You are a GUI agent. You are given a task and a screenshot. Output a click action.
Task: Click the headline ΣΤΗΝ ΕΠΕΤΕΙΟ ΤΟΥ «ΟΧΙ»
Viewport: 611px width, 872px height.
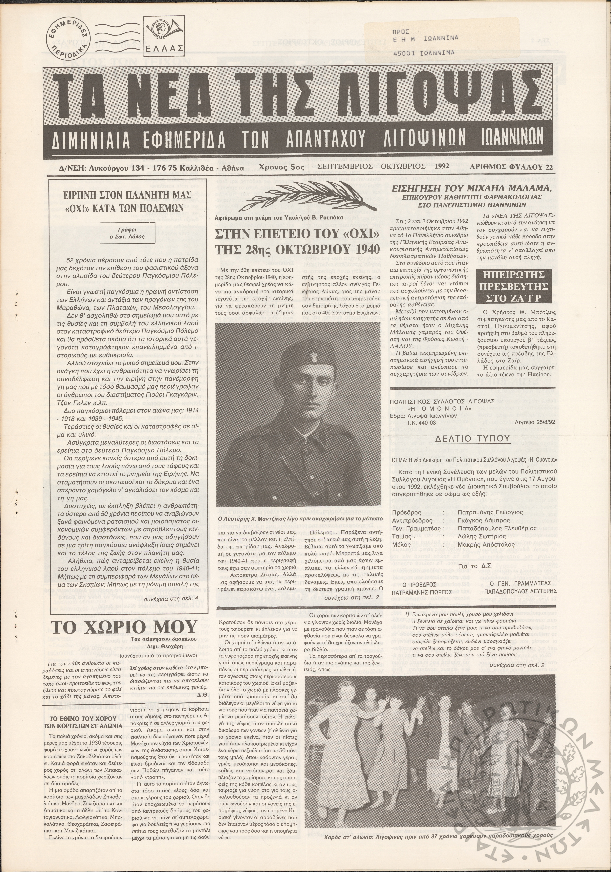[x=297, y=235]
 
